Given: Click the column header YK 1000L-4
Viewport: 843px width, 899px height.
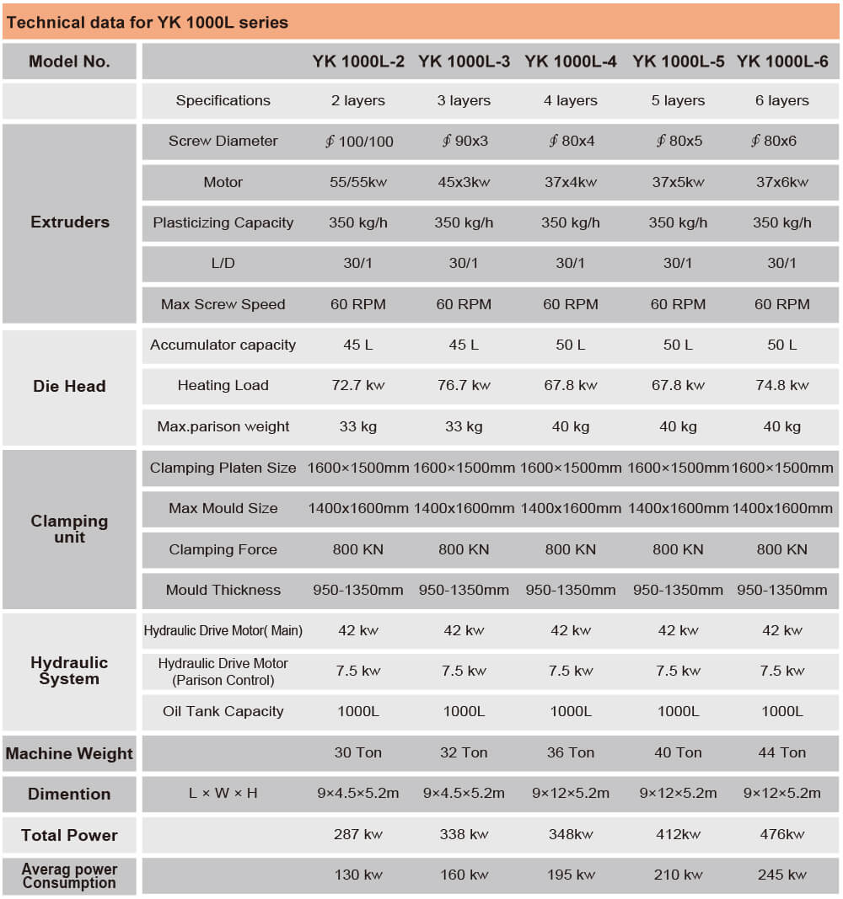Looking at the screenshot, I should tap(571, 62).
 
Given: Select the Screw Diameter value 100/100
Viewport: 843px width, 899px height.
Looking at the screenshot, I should tap(359, 142).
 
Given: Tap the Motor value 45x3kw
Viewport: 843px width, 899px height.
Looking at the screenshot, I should tap(464, 182).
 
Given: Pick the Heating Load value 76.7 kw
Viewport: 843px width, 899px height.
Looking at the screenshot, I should tap(464, 385).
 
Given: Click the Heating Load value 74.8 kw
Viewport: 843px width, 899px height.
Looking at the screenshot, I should tap(782, 385).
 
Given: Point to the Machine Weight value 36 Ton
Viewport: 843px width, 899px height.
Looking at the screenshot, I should tap(571, 752).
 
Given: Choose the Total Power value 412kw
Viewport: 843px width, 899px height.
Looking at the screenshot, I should tap(678, 834).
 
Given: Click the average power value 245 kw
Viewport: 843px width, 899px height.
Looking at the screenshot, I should tap(782, 875).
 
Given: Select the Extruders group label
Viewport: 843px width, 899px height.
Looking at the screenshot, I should tap(70, 222).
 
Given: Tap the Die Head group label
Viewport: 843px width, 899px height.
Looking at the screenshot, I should tap(69, 387).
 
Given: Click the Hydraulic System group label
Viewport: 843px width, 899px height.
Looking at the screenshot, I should tap(69, 671).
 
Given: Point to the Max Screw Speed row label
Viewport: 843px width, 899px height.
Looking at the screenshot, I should tap(223, 304).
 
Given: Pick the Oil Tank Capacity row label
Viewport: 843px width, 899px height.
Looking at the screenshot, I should tap(223, 711).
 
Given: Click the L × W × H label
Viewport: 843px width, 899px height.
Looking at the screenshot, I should tap(223, 793).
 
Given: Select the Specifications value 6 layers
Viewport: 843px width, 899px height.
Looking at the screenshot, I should tap(782, 100).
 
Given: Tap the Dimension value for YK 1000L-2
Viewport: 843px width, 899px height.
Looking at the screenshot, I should tap(358, 793).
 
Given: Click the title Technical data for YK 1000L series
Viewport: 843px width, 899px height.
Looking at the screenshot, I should tap(148, 23).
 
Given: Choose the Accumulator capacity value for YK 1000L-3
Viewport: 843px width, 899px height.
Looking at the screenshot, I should tap(464, 345).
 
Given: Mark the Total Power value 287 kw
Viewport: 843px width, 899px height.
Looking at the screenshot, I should tap(358, 834).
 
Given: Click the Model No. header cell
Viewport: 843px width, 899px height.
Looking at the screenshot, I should tap(69, 62).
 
